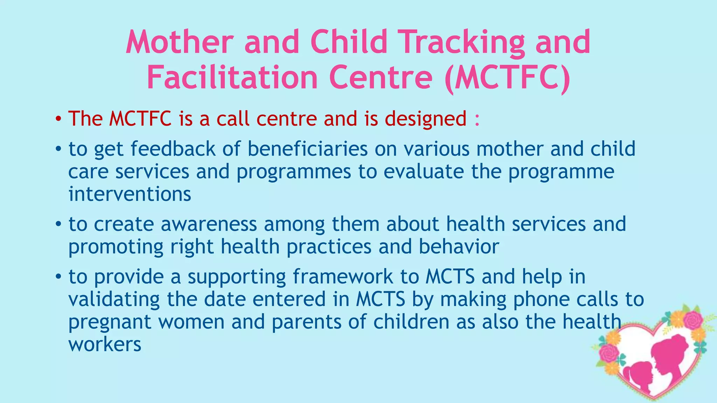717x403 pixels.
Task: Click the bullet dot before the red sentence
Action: click(x=58, y=119)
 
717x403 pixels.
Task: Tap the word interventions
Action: click(x=130, y=194)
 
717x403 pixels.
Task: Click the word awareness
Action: click(x=209, y=224)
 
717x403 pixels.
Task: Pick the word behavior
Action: click(x=459, y=247)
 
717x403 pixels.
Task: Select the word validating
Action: click(x=114, y=299)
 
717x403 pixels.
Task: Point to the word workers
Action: click(x=105, y=345)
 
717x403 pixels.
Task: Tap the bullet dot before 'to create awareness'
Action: click(x=58, y=224)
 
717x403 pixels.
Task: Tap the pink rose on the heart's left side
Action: click(x=608, y=353)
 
